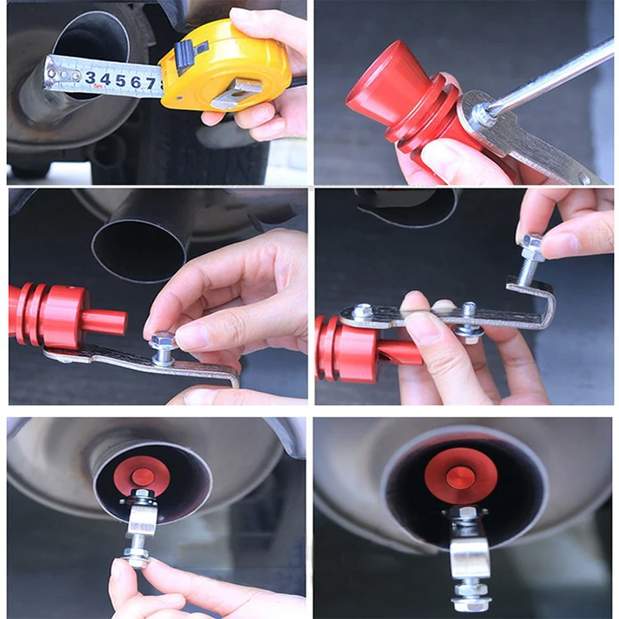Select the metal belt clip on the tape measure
coord(234,93)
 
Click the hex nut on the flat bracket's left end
coord(362,312)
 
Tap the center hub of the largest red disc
coord(461,476)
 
